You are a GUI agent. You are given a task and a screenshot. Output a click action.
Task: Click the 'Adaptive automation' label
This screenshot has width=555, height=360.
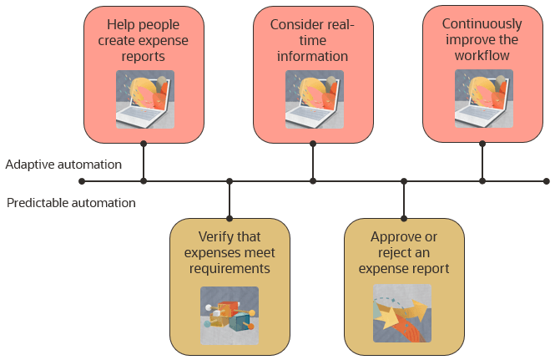tap(63, 165)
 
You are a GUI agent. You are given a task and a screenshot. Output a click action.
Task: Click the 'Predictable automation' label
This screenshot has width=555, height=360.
tap(71, 202)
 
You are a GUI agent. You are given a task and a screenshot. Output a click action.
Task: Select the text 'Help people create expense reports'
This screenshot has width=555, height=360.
tap(144, 41)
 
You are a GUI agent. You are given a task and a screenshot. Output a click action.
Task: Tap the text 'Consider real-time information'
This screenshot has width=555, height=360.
tap(312, 41)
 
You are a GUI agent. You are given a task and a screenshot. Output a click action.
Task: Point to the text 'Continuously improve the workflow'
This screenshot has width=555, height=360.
tap(482, 39)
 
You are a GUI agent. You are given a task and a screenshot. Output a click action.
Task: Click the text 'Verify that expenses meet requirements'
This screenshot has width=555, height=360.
tap(230, 252)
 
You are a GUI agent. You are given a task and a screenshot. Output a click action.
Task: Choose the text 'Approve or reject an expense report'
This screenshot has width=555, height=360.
tap(404, 252)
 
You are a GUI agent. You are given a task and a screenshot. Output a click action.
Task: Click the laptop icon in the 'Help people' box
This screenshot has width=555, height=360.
tap(144, 99)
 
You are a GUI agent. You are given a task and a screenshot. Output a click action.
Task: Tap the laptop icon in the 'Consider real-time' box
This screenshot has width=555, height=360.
tap(314, 99)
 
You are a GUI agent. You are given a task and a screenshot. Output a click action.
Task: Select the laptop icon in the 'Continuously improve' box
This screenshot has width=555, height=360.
tap(483, 99)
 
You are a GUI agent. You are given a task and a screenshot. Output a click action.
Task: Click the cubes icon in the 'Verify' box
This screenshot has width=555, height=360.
tap(230, 316)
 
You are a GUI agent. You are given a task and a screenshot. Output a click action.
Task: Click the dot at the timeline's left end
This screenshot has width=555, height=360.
tap(82, 181)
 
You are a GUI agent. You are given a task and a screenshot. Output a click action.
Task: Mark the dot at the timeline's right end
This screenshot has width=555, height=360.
tap(547, 181)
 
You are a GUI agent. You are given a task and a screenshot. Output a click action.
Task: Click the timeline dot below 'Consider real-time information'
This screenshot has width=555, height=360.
tap(313, 181)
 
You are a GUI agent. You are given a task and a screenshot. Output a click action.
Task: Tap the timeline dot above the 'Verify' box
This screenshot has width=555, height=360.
tap(230, 181)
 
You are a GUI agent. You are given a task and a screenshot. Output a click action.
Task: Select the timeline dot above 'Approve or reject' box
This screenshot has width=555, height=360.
tap(404, 181)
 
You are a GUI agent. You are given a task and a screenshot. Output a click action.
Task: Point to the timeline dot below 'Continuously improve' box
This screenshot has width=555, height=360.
tap(482, 181)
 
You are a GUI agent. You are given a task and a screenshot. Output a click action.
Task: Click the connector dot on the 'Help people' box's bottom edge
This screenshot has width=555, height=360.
tap(144, 143)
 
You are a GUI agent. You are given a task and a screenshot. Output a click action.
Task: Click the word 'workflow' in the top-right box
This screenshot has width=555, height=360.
tap(482, 55)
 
